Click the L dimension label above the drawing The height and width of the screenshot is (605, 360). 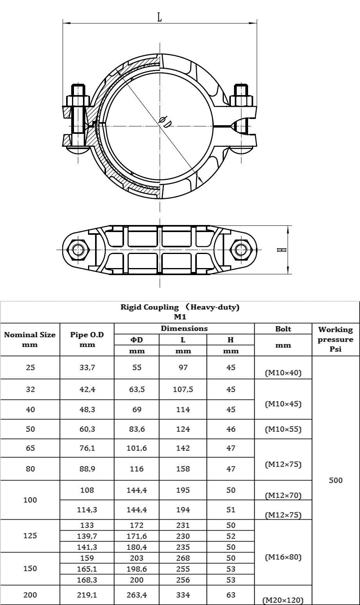pos(160,18)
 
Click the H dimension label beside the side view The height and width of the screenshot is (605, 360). pos(282,250)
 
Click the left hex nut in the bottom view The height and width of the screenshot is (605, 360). pos(78,250)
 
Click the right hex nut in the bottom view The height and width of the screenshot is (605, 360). pos(241,250)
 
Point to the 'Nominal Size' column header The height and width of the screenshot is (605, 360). pos(30,340)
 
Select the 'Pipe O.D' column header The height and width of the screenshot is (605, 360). pos(87,340)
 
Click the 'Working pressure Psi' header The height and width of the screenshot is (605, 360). pos(335,339)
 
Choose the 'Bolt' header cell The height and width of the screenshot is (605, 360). pos(283,329)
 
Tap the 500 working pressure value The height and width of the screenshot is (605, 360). pos(336,480)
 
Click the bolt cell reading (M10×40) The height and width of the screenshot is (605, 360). pos(283,373)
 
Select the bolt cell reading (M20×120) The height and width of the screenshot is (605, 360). pos(283,600)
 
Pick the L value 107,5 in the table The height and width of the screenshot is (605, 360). pos(183,389)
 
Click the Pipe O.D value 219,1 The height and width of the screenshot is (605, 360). pos(87,595)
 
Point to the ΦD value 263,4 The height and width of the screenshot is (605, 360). pos(137,595)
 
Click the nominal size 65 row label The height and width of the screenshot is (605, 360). pos(30,448)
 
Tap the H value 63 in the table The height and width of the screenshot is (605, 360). pos(231,595)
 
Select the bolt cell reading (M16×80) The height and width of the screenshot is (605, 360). pos(283,557)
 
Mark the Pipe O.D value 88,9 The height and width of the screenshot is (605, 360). pos(87,469)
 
